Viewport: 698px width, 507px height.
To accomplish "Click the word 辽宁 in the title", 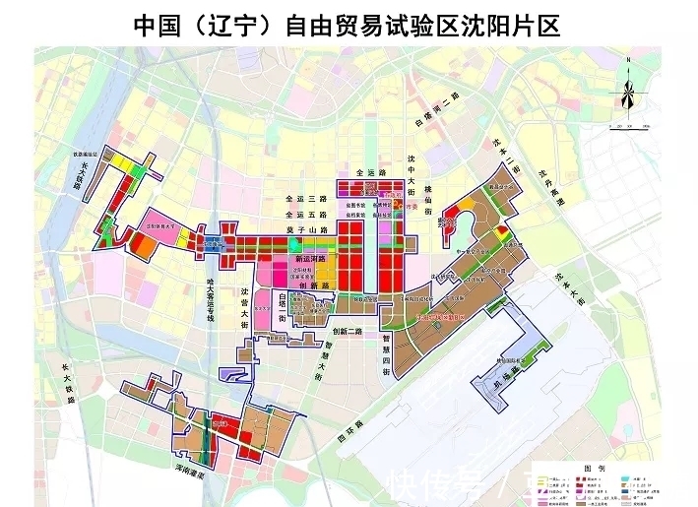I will pyautogui.click(x=234, y=26).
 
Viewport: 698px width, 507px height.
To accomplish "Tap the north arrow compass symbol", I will pyautogui.click(x=627, y=92).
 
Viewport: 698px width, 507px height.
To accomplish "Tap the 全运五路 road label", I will pyautogui.click(x=303, y=214).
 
